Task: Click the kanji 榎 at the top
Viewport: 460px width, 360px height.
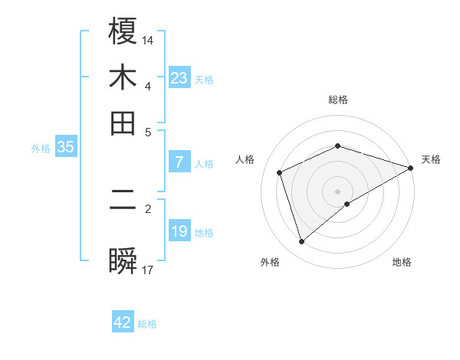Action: (123, 31)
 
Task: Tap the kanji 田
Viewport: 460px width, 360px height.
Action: (123, 123)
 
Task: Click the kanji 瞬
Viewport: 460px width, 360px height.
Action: (123, 261)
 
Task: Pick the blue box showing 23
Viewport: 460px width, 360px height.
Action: (179, 77)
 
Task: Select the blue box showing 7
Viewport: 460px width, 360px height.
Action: (179, 162)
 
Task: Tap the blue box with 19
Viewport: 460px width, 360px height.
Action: (179, 231)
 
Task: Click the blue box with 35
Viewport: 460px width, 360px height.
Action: (65, 148)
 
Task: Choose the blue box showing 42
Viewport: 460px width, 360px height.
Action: (123, 322)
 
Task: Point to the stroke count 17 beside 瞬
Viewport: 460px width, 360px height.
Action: (149, 270)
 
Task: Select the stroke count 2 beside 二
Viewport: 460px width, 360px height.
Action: (149, 208)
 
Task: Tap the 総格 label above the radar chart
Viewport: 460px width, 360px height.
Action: (338, 100)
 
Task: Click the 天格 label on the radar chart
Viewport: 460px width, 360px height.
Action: (431, 159)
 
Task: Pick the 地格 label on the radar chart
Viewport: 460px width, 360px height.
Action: (402, 262)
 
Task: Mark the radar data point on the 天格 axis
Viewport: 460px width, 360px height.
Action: (411, 169)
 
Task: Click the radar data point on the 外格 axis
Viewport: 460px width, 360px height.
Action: (301, 242)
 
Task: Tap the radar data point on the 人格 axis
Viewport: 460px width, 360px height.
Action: (280, 172)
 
